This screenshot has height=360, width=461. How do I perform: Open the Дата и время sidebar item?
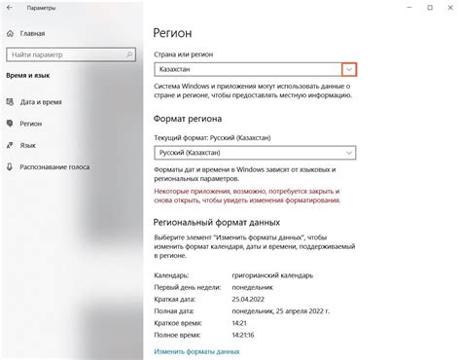[x=41, y=101]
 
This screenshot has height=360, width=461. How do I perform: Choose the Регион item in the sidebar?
[x=31, y=125]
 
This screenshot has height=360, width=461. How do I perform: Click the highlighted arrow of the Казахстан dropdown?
[x=349, y=70]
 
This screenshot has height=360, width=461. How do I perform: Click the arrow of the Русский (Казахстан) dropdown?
[x=348, y=153]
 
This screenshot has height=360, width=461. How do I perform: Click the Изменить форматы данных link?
[x=196, y=350]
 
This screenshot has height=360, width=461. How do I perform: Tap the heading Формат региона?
[x=195, y=117]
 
